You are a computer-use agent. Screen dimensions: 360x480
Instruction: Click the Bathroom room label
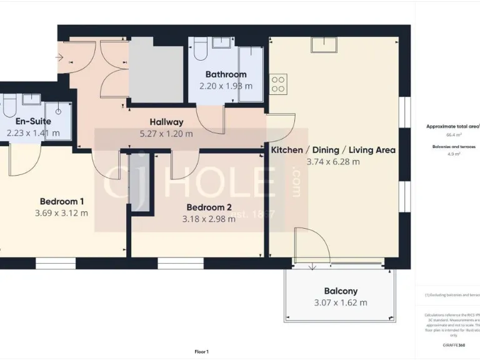[226, 75]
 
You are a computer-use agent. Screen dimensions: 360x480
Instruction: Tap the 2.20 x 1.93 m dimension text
[226, 86]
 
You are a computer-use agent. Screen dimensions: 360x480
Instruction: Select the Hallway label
[166, 122]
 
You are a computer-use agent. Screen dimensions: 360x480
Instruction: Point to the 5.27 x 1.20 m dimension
[166, 133]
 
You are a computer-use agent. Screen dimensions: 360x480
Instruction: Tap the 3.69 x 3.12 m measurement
[61, 212]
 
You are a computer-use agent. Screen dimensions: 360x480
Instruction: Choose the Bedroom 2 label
[209, 207]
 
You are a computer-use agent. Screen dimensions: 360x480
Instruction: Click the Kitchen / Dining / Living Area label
[332, 150]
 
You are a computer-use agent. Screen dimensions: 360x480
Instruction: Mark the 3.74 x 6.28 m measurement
[332, 161]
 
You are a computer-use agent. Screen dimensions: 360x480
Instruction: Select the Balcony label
[341, 291]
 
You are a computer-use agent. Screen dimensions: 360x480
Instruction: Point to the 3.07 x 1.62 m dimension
[341, 302]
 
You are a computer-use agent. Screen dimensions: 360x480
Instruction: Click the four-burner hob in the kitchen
[278, 83]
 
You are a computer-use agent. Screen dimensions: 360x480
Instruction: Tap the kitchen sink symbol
[325, 45]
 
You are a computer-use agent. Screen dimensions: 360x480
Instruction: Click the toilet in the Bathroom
[200, 49]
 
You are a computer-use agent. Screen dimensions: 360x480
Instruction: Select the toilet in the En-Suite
[7, 108]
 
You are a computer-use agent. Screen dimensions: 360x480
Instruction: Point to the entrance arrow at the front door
[59, 58]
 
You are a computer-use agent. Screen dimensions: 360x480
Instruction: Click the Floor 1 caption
[201, 352]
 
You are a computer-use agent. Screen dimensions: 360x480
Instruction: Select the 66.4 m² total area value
[453, 134]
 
